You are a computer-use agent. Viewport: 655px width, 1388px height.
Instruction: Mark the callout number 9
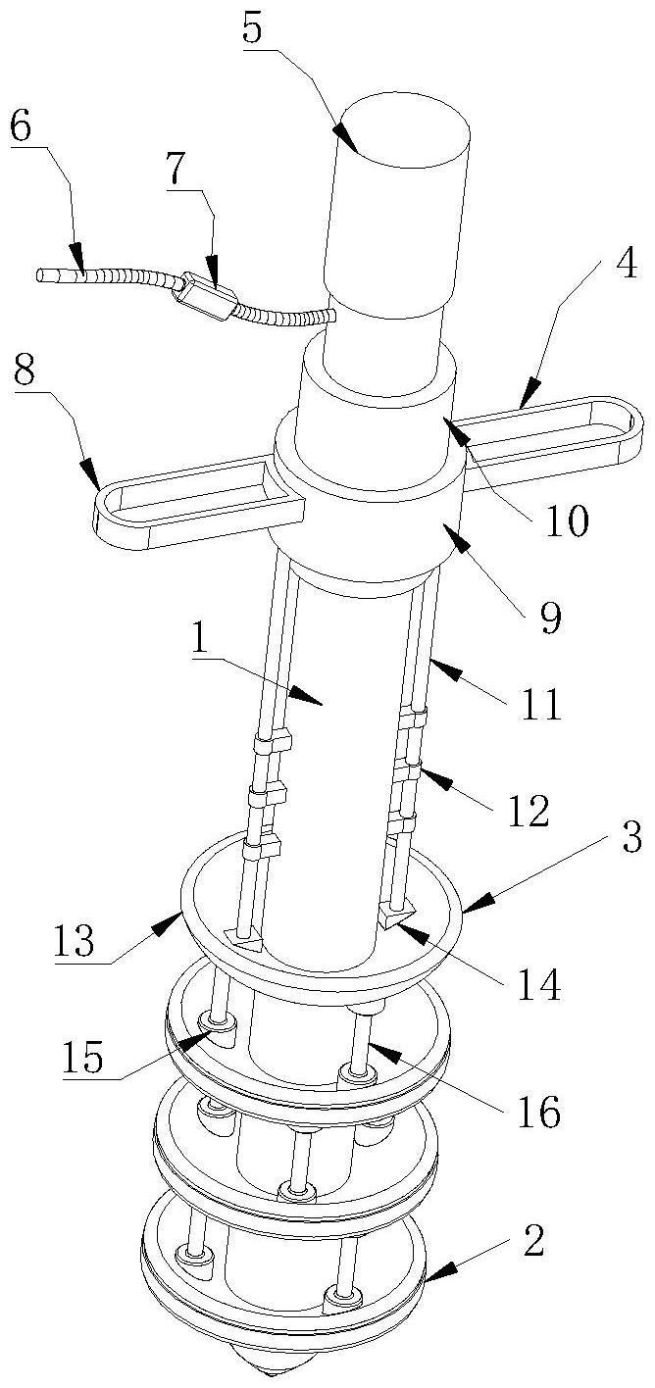pos(550,617)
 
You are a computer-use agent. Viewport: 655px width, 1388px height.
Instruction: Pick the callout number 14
pos(539,983)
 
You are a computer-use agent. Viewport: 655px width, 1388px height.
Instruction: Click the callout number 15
pos(82,1056)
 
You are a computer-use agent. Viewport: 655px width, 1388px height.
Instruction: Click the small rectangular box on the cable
pos(206,296)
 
